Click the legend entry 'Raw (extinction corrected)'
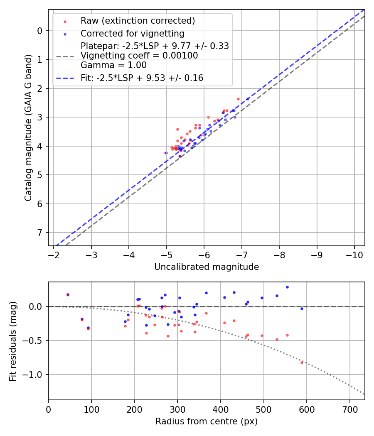click(138, 21)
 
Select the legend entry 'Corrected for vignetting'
click(132, 33)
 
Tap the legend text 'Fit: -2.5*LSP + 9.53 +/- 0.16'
click(142, 78)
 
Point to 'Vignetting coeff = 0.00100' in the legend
click(139, 56)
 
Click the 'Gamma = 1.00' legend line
click(113, 65)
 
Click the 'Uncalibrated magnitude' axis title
click(207, 267)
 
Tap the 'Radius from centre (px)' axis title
click(207, 421)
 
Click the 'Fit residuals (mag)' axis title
click(13, 341)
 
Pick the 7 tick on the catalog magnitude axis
click(39, 233)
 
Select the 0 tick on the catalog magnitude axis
click(39, 31)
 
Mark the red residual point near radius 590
click(302, 363)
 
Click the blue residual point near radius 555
click(287, 287)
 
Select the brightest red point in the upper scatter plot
click(238, 99)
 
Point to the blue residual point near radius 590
click(302, 309)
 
